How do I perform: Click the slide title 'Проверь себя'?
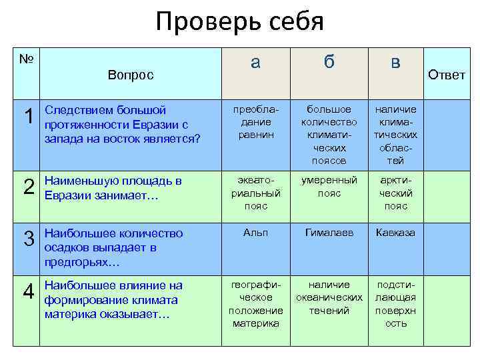pyautogui.click(x=239, y=22)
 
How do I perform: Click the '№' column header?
pyautogui.click(x=27, y=59)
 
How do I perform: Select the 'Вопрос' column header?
pyautogui.click(x=131, y=75)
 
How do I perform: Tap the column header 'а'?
pyautogui.click(x=255, y=62)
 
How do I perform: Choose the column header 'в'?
pyautogui.click(x=395, y=62)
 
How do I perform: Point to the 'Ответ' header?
pyautogui.click(x=447, y=75)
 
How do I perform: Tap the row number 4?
pyautogui.click(x=29, y=292)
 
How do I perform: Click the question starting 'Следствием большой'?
pyautogui.click(x=121, y=124)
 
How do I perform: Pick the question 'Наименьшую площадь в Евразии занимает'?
pyautogui.click(x=113, y=187)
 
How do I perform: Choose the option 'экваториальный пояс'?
pyautogui.click(x=255, y=193)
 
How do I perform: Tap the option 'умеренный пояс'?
pyautogui.click(x=329, y=187)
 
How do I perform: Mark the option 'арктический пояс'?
pyautogui.click(x=395, y=193)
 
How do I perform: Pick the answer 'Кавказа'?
pyautogui.click(x=395, y=233)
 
